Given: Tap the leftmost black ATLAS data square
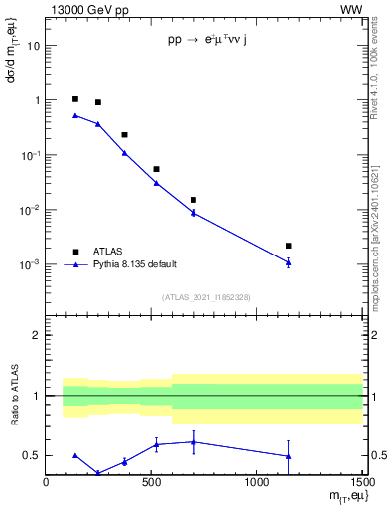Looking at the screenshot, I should click(x=75, y=99).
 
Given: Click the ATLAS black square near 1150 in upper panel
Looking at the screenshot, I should click(x=288, y=246).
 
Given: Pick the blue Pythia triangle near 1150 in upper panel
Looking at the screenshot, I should click(x=288, y=262).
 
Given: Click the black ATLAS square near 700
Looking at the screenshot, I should click(x=194, y=200).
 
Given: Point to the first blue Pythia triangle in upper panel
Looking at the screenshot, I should click(x=75, y=115).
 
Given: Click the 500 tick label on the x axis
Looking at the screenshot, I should click(x=151, y=484).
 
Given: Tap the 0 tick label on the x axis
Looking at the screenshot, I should click(x=47, y=484).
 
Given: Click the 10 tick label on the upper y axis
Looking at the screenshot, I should click(x=34, y=46).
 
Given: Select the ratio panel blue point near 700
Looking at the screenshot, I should click(x=194, y=442).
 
